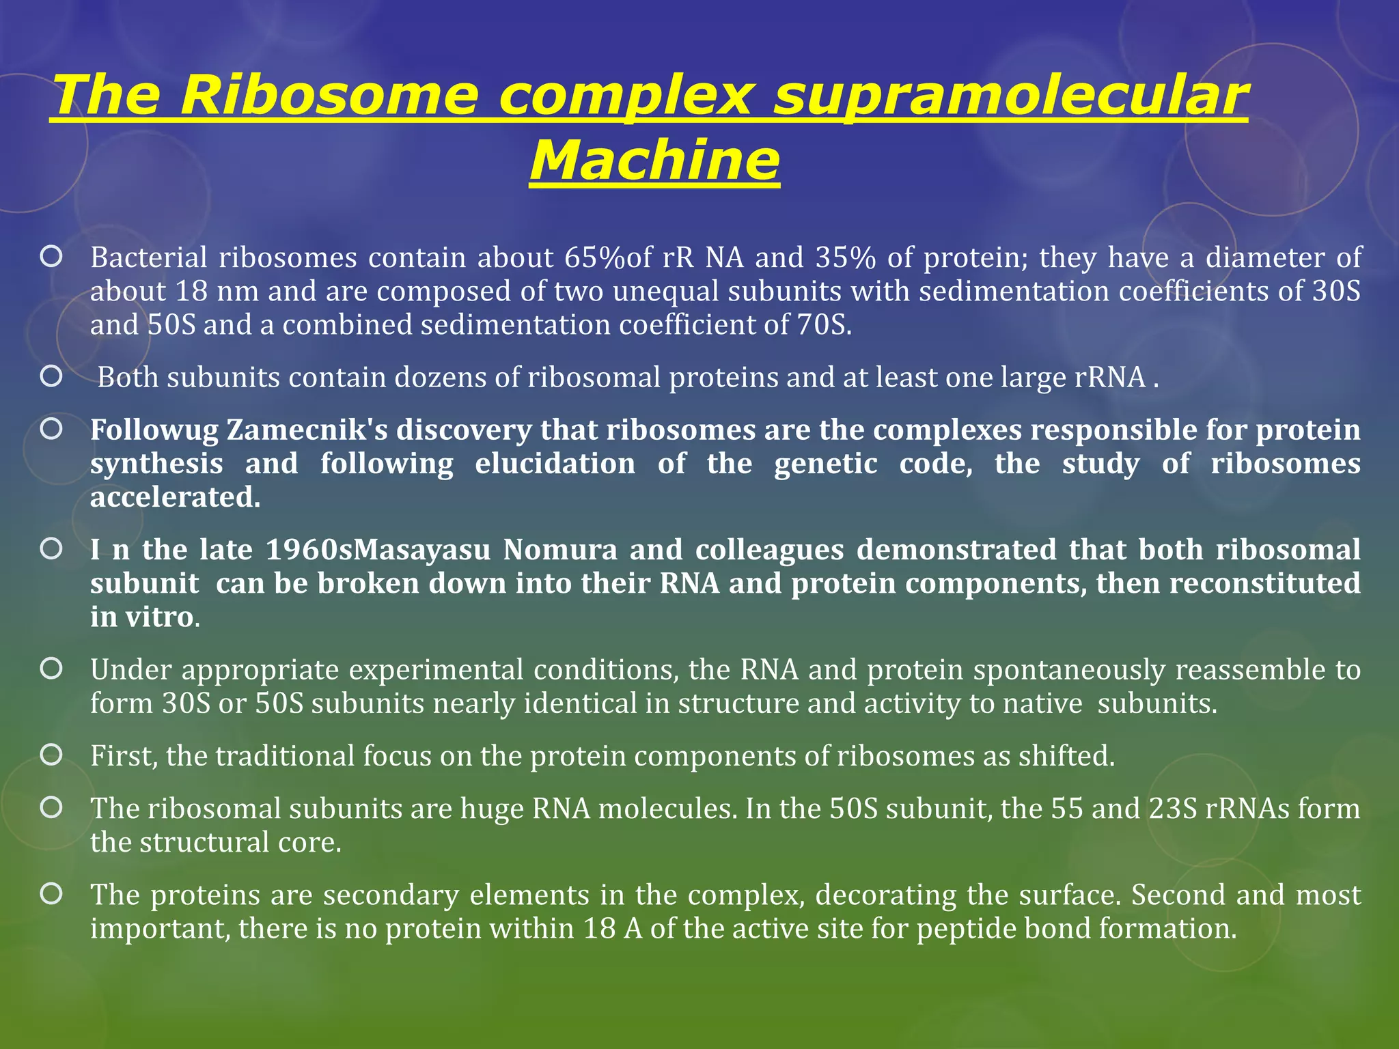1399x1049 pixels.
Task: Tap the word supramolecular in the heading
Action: (1010, 96)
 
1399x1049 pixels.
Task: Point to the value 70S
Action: (823, 325)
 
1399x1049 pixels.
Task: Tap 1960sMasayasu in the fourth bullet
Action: (378, 550)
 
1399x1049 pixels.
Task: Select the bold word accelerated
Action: (175, 497)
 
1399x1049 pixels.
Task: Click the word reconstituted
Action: (1264, 584)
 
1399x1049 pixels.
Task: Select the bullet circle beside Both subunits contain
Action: (51, 376)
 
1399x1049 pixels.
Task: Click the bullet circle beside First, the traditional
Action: (51, 755)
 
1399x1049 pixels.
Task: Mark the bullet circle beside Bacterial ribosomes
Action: (51, 257)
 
